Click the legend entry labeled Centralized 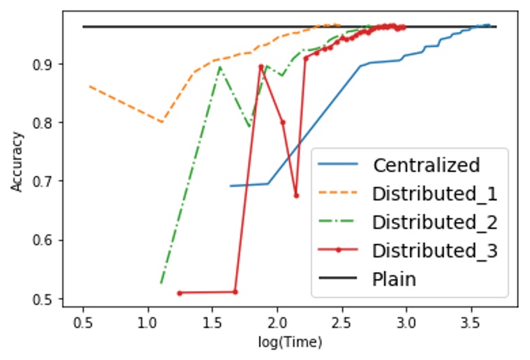coord(426,165)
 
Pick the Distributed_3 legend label coord(434,250)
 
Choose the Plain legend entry coord(394,279)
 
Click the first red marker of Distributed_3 coord(179,293)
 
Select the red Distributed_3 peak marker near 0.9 coord(260,66)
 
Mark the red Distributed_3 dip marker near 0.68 coord(296,195)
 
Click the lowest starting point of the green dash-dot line coord(161,283)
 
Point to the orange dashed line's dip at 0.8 coord(161,122)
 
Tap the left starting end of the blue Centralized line coord(230,186)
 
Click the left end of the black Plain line coord(83,27)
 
